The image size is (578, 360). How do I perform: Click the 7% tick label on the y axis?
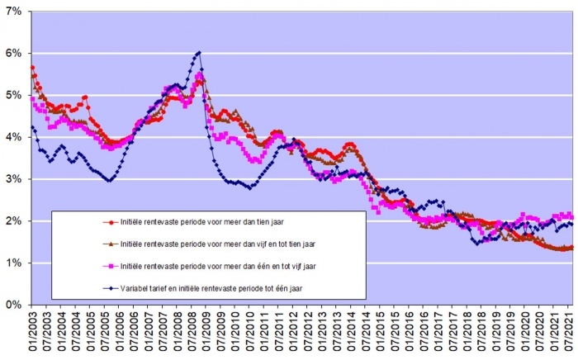pyautogui.click(x=16, y=12)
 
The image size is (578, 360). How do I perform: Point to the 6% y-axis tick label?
pyautogui.click(x=16, y=54)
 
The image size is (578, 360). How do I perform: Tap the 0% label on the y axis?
pyautogui.click(x=16, y=305)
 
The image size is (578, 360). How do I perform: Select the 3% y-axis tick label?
pyautogui.click(x=16, y=179)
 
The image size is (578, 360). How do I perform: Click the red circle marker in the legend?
pyautogui.click(x=109, y=222)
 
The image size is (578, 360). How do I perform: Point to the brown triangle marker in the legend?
pyautogui.click(x=109, y=244)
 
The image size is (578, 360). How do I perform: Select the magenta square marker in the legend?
pyautogui.click(x=109, y=266)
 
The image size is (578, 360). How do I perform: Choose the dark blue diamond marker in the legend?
pyautogui.click(x=109, y=288)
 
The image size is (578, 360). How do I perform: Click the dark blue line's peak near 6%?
pyautogui.click(x=199, y=54)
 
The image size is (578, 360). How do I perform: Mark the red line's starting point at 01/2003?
pyautogui.click(x=31, y=68)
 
